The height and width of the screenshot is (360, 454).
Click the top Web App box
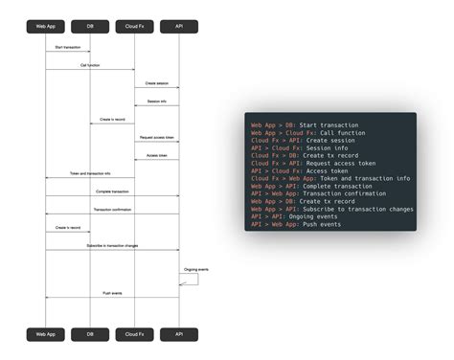(x=45, y=27)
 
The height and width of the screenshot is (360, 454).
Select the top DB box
(x=90, y=27)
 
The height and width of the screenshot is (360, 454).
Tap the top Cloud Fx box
(x=134, y=27)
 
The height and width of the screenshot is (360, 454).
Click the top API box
(x=179, y=27)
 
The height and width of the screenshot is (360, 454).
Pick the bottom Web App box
(x=45, y=334)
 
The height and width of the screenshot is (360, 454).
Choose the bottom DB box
(x=90, y=334)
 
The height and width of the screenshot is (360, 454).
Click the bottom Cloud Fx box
(x=134, y=334)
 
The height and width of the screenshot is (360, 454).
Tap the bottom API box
(x=179, y=334)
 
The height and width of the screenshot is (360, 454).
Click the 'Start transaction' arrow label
(x=67, y=47)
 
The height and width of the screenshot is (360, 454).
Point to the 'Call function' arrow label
(x=89, y=65)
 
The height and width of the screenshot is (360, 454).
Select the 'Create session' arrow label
(x=156, y=83)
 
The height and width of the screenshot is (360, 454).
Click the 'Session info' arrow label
(x=156, y=101)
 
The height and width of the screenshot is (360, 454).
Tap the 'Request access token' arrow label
(x=156, y=138)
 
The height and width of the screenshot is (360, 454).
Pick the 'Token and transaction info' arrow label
(x=90, y=173)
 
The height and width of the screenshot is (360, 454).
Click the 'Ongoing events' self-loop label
(x=196, y=270)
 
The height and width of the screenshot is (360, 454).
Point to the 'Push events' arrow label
(x=112, y=293)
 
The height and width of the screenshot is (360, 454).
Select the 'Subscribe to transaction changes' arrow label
(x=112, y=246)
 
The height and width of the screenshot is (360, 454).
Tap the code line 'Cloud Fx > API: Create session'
(x=303, y=140)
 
